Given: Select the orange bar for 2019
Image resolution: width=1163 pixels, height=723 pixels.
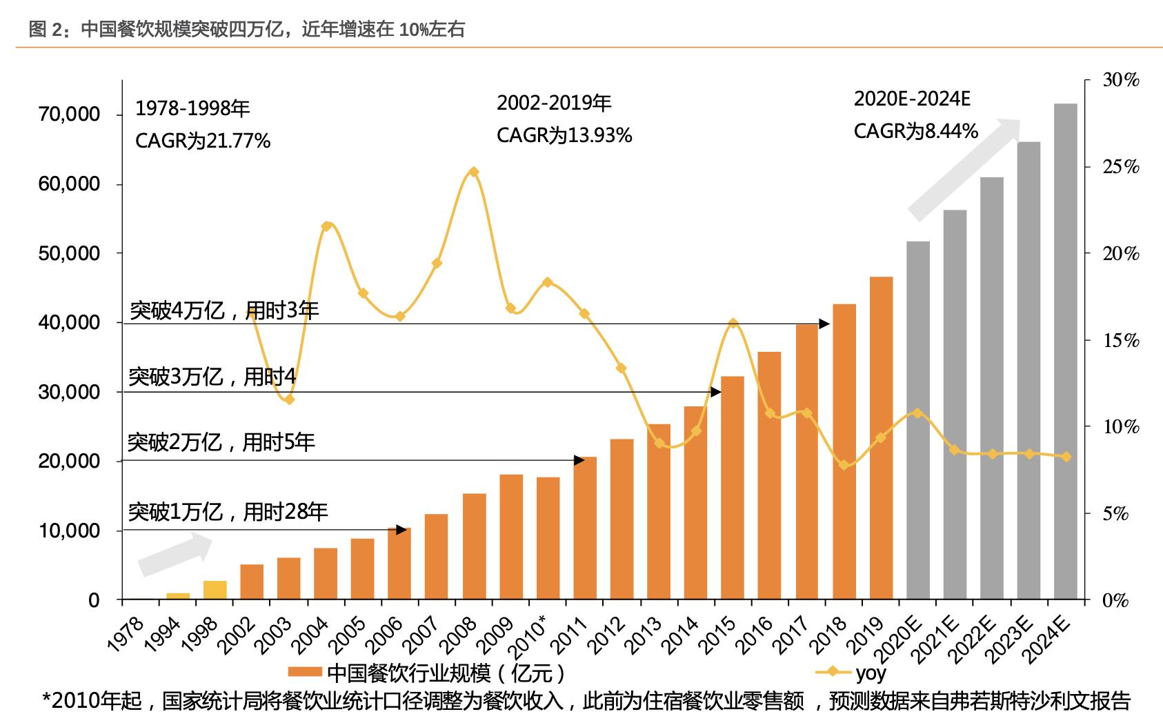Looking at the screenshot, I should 881,438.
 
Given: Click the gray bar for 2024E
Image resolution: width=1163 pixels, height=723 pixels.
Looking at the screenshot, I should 1065,352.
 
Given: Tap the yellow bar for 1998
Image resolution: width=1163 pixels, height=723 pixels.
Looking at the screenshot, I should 215,590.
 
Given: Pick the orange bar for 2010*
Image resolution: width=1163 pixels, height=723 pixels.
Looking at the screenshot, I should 548,538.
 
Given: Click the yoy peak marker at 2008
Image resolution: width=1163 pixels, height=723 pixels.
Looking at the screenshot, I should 473,172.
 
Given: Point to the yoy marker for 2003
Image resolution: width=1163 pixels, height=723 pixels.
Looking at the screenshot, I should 290,399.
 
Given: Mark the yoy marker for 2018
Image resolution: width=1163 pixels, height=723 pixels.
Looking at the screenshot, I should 844,465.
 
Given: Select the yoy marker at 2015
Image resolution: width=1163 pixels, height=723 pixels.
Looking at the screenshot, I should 733,323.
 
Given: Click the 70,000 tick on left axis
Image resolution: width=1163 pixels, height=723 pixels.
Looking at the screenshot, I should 68,115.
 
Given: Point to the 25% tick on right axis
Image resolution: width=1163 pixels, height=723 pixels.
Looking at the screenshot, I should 1121,168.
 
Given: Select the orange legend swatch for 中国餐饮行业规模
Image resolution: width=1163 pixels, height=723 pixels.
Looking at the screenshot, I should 305,673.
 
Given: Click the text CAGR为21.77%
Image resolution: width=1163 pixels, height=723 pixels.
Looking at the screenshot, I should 203,141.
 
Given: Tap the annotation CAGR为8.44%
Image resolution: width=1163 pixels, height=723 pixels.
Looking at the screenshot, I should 915,131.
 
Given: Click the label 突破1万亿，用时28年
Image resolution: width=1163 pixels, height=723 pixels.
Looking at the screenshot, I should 228,512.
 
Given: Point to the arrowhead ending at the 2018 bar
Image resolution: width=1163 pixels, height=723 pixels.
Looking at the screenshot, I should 824,324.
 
